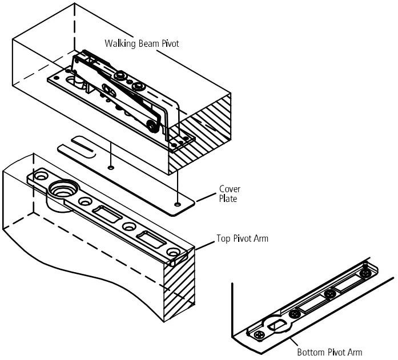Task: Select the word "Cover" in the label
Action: [x=230, y=189]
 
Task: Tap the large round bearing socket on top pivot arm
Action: [x=61, y=188]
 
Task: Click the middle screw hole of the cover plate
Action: [x=111, y=168]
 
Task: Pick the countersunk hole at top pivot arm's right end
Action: [x=172, y=252]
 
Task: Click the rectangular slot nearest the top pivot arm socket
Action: [x=107, y=215]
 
